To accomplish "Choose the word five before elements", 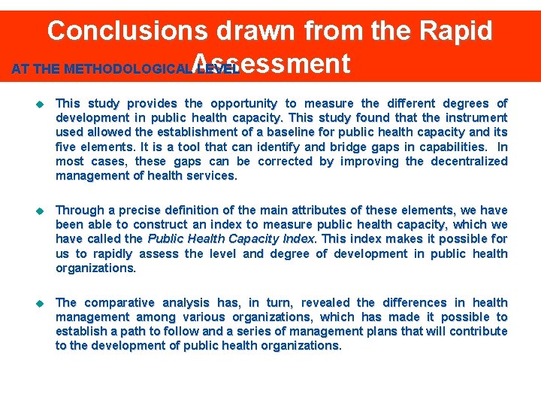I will point(67,147).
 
